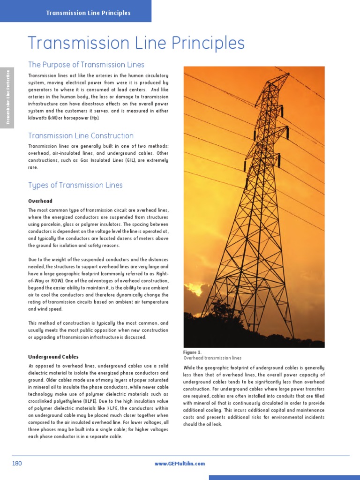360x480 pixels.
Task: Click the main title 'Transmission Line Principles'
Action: point(136,44)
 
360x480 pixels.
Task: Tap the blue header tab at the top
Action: point(88,13)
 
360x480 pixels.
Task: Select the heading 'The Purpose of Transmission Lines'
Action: point(86,65)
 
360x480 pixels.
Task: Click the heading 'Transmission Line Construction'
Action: point(81,136)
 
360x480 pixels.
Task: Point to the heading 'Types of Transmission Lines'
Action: point(75,185)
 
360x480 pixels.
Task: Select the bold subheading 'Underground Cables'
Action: point(53,357)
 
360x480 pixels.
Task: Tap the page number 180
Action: point(17,464)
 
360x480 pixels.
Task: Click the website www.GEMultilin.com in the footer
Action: point(180,464)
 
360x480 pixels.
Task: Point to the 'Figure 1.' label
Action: point(192,352)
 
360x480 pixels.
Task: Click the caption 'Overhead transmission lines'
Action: point(212,358)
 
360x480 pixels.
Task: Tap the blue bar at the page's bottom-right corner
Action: point(284,477)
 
